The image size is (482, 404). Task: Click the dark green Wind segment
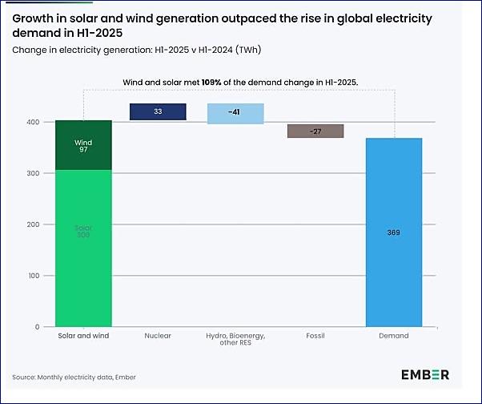[x=83, y=145]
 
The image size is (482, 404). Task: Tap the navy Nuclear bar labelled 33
[x=158, y=112]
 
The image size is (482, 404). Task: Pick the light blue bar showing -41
[x=235, y=114]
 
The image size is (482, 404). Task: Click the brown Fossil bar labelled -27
[x=315, y=131]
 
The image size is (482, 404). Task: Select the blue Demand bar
[x=393, y=232]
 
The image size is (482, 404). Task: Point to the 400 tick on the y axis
[x=31, y=122]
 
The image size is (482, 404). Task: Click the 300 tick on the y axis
[x=31, y=173]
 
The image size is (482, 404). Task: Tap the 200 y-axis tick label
[x=31, y=224]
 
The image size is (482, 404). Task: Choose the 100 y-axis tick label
[x=31, y=276]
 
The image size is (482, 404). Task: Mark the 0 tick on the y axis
[x=36, y=327]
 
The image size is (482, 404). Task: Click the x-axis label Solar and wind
[x=83, y=336]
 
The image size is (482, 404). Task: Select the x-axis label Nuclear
[x=158, y=336]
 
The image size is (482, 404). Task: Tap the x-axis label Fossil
[x=315, y=336]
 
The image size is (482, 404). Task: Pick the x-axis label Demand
[x=393, y=336]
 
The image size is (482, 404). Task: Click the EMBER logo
[x=425, y=374]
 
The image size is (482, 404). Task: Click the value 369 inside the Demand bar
[x=393, y=232]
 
